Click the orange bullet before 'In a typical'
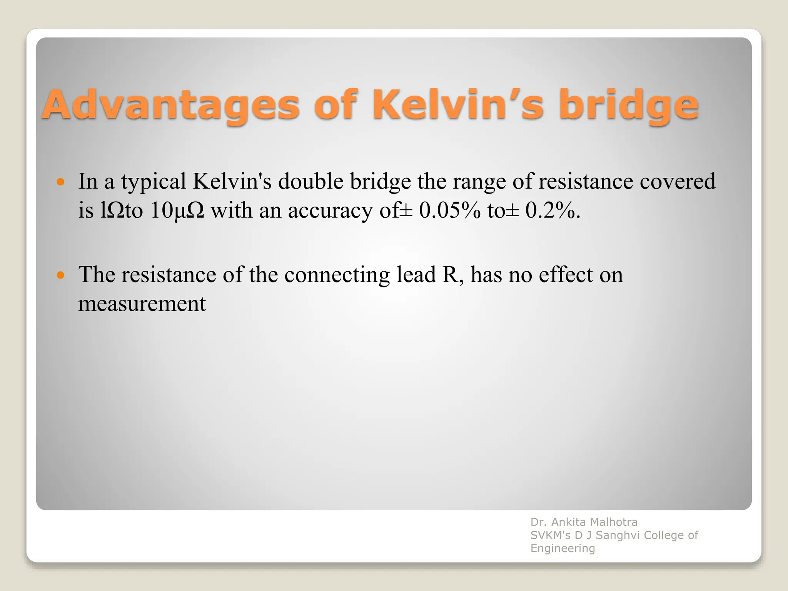[60, 181]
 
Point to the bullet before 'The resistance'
[60, 275]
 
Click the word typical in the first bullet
[154, 182]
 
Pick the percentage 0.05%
[450, 210]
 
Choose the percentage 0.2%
[553, 210]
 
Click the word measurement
[142, 304]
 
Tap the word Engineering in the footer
[563, 548]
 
